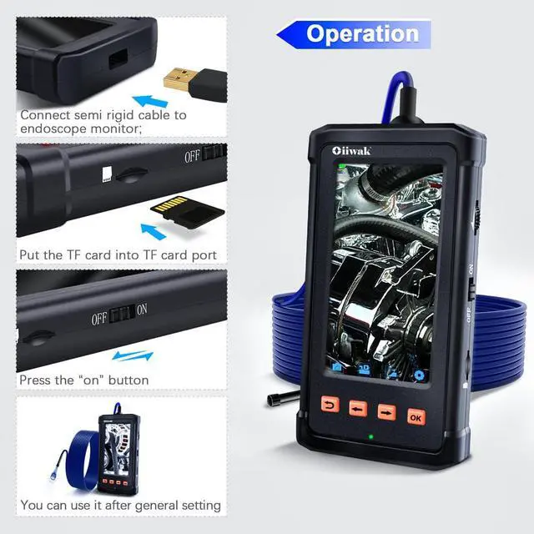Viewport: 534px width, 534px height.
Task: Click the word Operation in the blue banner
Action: click(362, 33)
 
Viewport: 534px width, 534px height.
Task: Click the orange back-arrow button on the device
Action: click(330, 407)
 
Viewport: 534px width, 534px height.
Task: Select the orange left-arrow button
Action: click(358, 409)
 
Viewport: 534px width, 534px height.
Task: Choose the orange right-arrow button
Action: click(386, 411)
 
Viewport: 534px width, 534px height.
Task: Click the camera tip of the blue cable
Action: click(273, 400)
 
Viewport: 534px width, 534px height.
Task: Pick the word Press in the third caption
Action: click(35, 380)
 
